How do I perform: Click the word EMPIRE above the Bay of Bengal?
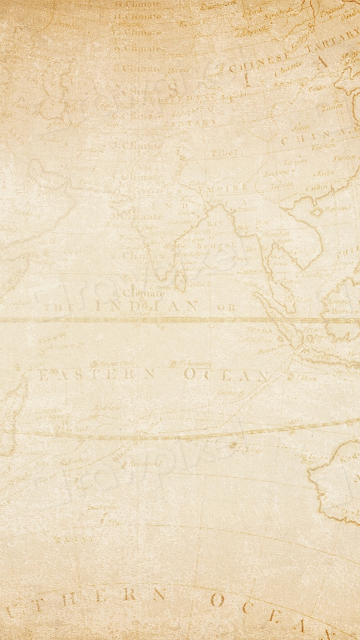pos(224,188)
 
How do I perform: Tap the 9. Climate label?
pos(138,48)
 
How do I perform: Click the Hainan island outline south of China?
pos(317,212)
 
